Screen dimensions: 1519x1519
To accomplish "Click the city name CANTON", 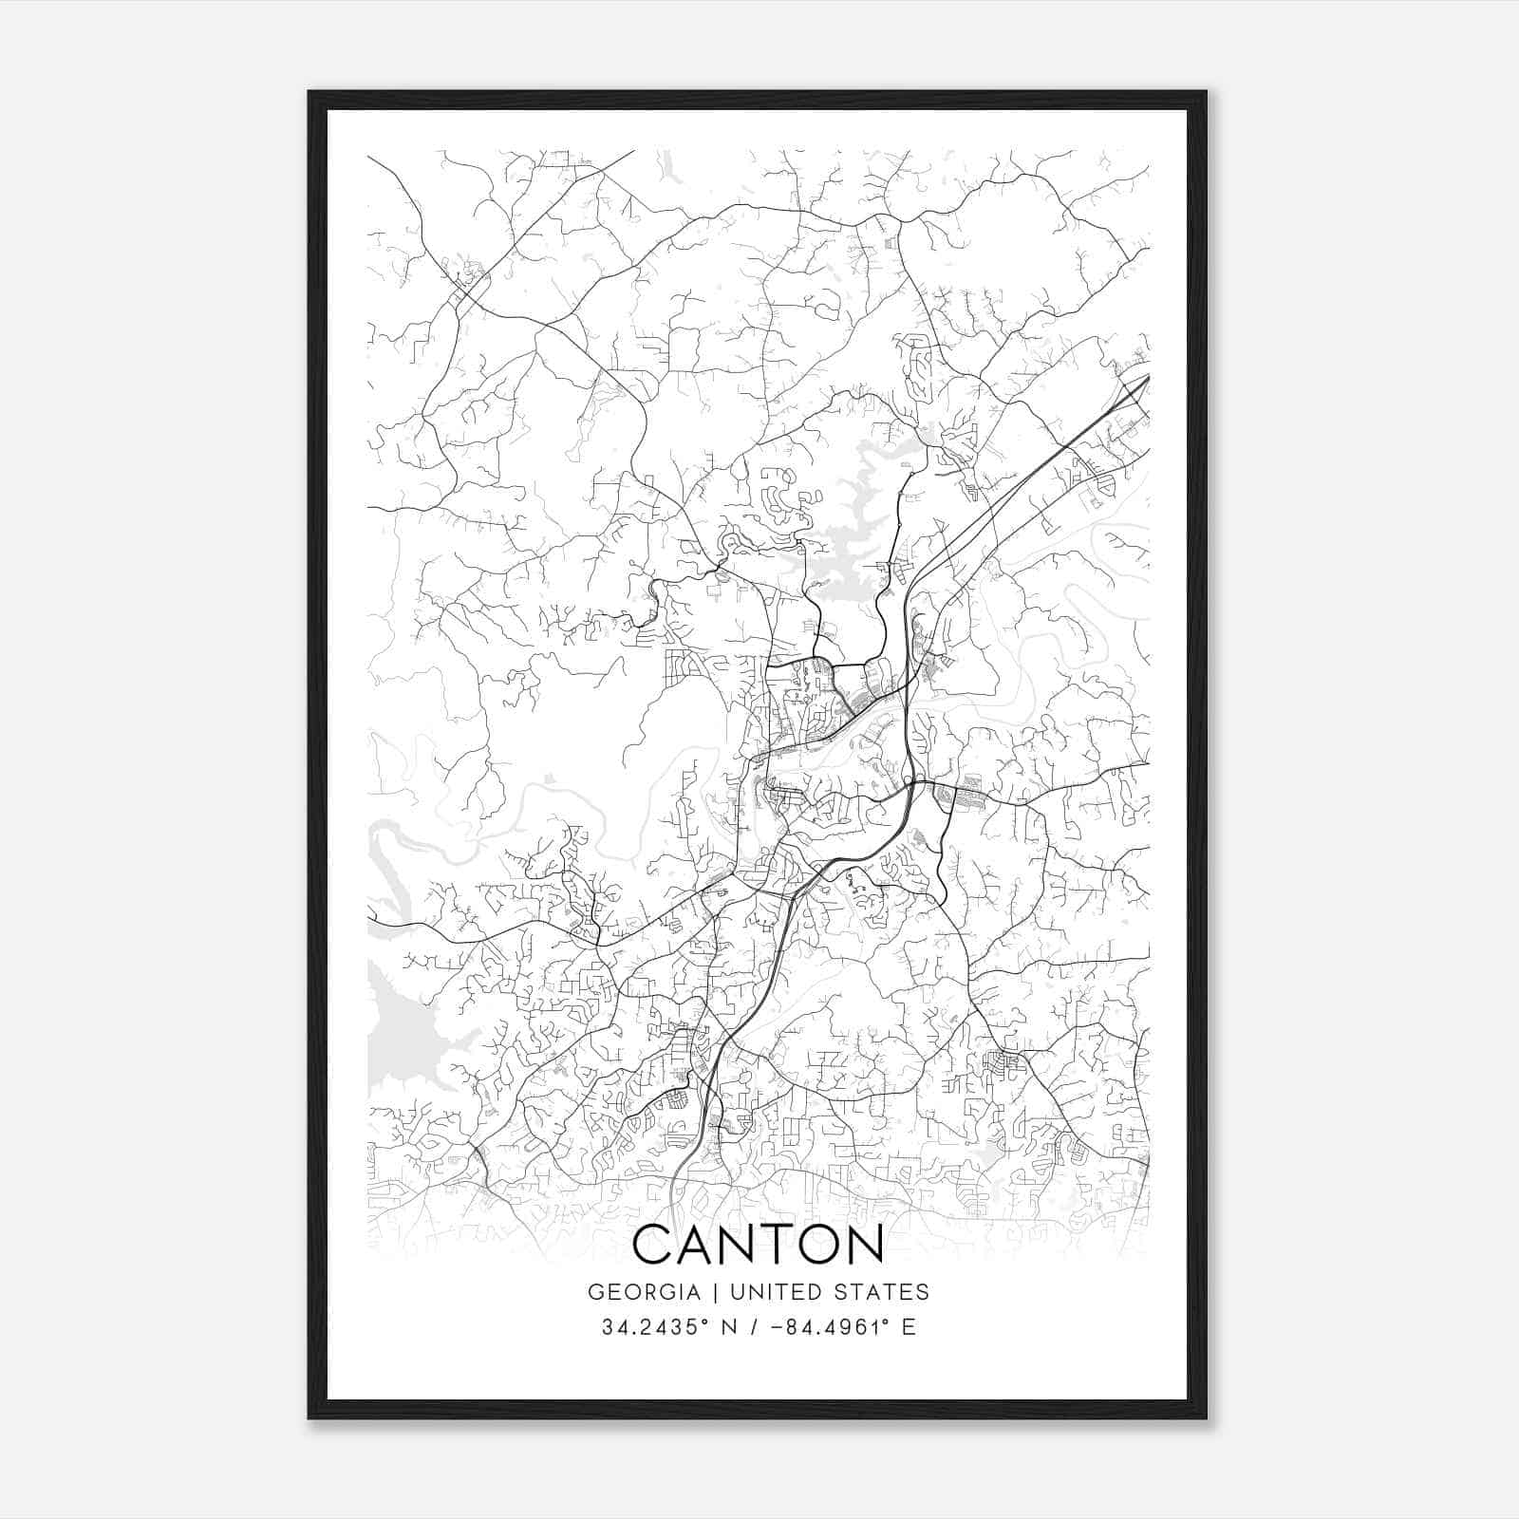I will [758, 1245].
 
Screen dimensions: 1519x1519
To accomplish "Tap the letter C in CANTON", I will [654, 1245].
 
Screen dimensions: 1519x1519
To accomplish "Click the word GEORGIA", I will [644, 1292].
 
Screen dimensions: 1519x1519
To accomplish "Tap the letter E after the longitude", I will [909, 1327].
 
